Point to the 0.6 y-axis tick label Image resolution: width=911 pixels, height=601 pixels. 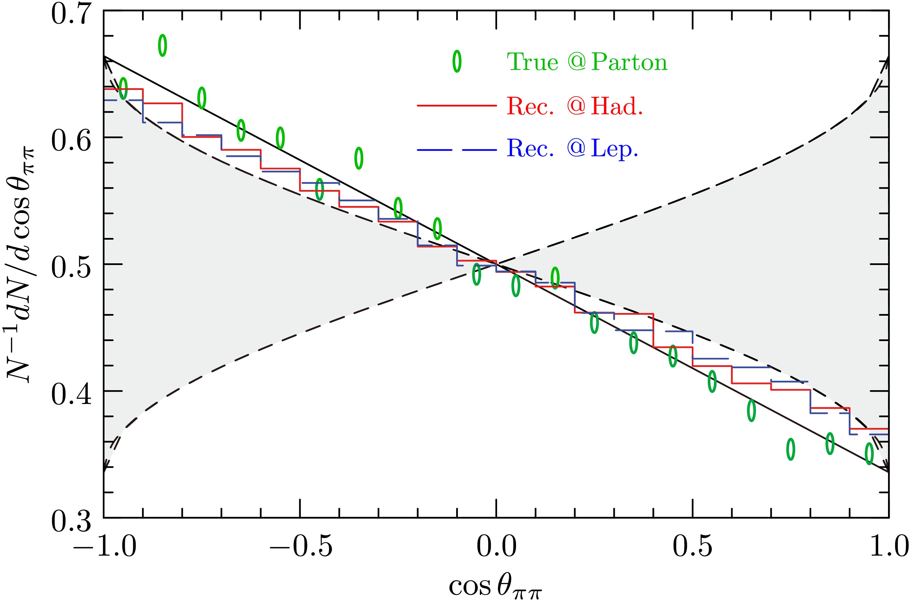[x=71, y=141]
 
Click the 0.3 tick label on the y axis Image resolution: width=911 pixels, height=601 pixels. [x=71, y=521]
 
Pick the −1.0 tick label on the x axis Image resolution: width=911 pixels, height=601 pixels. [x=104, y=546]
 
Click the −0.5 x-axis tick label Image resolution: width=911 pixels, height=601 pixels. [x=301, y=546]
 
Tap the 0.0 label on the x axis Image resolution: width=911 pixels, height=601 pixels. [x=496, y=546]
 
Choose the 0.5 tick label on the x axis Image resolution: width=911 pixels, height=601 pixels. [x=693, y=546]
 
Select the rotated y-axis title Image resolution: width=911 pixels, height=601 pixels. [x=21, y=264]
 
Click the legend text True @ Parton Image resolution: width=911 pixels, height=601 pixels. [x=587, y=62]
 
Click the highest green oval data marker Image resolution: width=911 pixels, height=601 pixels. [x=163, y=45]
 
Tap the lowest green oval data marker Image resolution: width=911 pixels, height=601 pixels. [x=869, y=454]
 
